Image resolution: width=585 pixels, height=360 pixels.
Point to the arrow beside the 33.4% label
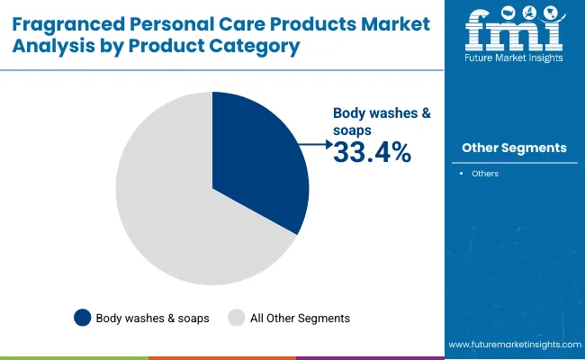[x=316, y=143]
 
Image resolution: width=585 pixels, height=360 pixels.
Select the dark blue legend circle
[x=83, y=318]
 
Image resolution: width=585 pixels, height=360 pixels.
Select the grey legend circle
[x=237, y=318]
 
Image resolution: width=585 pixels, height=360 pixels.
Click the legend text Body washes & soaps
[x=153, y=318]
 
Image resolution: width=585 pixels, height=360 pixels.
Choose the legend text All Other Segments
[x=300, y=318]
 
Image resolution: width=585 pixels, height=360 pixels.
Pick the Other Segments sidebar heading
[x=514, y=148]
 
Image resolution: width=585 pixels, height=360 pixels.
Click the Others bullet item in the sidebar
[x=485, y=173]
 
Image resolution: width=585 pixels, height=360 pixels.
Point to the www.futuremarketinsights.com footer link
[x=513, y=345]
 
